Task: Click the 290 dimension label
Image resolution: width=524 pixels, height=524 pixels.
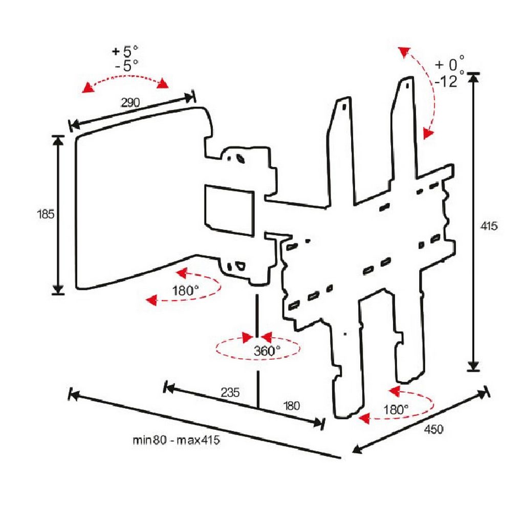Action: coord(130,102)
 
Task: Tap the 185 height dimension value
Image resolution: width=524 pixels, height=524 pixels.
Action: coord(46,214)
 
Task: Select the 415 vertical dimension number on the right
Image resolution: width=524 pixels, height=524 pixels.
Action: coord(489,226)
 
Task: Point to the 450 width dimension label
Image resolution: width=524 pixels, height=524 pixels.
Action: coord(433,429)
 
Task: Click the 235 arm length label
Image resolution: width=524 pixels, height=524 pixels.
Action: coord(230,392)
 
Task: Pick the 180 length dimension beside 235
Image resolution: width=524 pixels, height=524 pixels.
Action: coord(291,406)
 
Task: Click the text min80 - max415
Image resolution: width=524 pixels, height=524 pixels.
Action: coord(176,440)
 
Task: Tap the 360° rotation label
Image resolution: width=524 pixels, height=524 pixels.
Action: coord(267,351)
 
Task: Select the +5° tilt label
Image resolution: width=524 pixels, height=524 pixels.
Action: coord(125,51)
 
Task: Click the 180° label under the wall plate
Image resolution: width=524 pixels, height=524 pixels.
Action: coord(185,291)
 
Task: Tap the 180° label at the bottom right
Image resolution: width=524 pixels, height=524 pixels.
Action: coord(396,409)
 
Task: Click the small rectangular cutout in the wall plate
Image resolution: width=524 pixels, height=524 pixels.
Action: coord(229,210)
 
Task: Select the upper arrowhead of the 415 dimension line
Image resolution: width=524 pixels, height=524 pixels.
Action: coord(473,78)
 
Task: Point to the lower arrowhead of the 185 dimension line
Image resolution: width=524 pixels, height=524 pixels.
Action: coord(58,290)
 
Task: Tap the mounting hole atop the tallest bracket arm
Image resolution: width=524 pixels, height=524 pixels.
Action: coord(407,85)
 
